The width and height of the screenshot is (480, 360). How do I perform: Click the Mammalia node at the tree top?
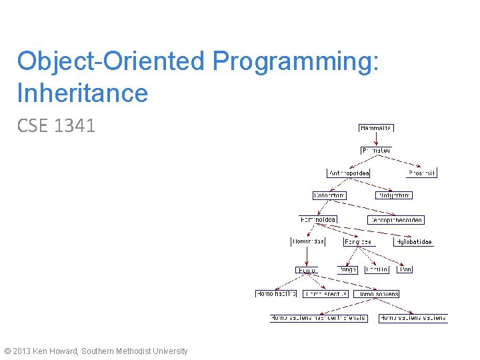coord(376,128)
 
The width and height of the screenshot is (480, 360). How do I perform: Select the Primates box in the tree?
coord(376,151)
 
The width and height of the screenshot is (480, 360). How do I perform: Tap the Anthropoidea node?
coord(349,173)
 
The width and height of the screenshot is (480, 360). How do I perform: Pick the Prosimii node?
coord(421,173)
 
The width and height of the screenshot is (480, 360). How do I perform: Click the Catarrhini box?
coord(330,195)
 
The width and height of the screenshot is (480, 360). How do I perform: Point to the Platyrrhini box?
coord(393,195)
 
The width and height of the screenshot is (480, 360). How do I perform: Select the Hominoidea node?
coord(318,219)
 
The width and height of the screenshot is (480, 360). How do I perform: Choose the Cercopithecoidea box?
coord(395,220)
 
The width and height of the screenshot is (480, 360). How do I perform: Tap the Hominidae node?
coord(308,242)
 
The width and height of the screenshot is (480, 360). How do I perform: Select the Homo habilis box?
coord(276,294)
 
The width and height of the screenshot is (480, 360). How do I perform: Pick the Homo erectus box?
coord(325,294)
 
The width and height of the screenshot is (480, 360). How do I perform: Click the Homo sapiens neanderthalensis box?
coord(319,319)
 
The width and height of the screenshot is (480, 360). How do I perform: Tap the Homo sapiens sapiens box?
coord(413,319)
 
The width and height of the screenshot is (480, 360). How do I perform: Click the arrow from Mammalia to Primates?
coord(376,139)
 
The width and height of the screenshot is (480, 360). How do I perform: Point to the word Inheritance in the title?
coord(83,93)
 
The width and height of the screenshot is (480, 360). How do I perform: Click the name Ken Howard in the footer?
coord(55,351)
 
